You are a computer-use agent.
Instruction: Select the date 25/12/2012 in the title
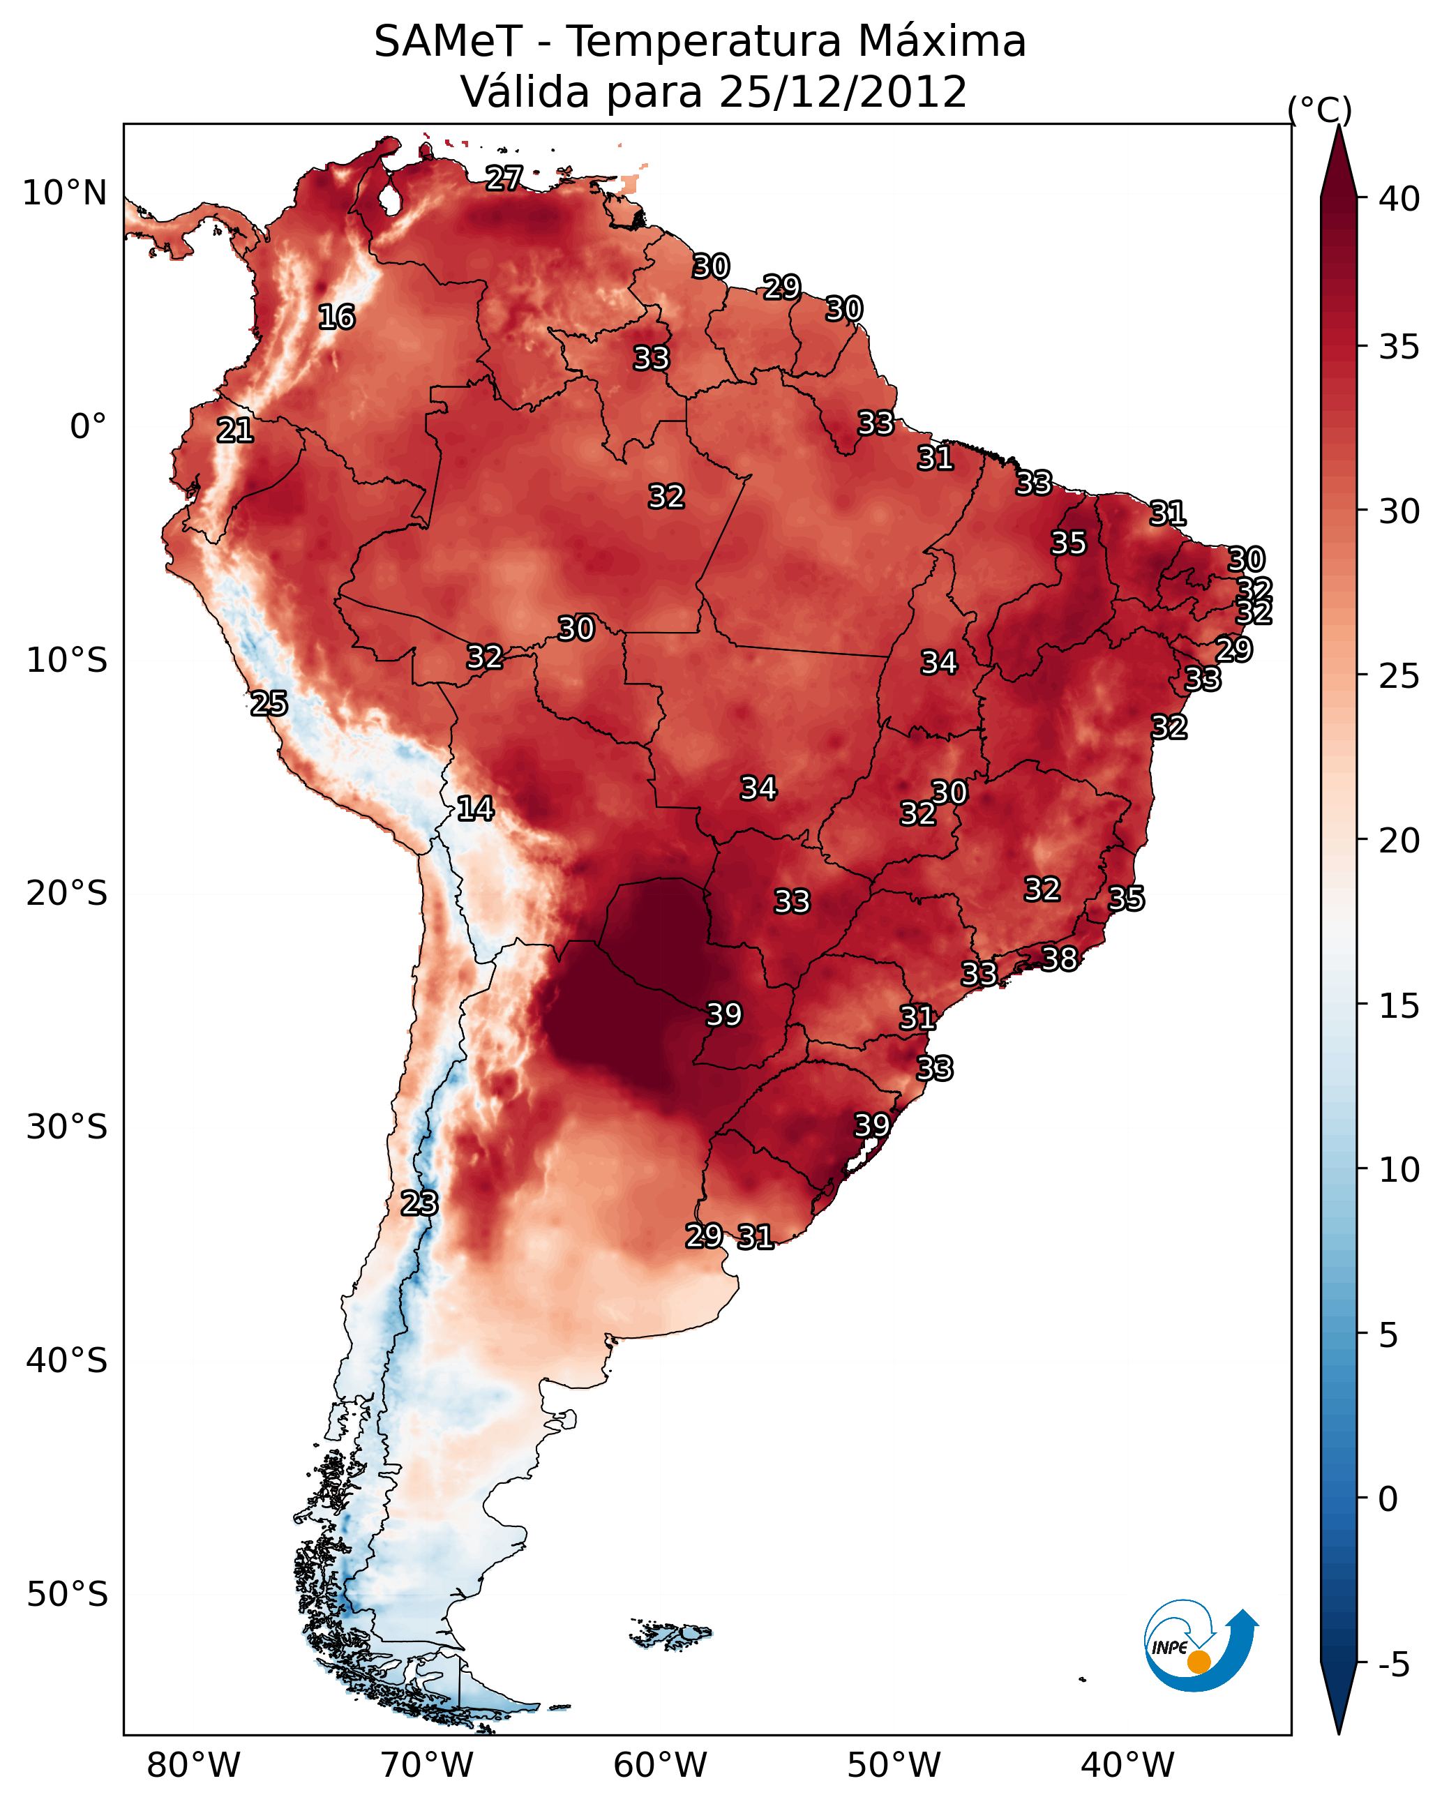coord(842,92)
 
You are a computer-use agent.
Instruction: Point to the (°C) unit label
coord(1320,110)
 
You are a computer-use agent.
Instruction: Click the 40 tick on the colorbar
coord(1399,199)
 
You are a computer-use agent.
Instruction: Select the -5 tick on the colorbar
coord(1393,1665)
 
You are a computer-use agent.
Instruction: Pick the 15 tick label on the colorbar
coord(1399,1006)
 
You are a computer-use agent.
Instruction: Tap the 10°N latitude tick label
coord(64,193)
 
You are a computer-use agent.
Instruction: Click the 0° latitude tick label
coord(88,427)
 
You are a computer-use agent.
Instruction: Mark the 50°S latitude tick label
coord(67,1595)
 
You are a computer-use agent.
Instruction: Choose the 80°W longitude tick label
coord(193,1766)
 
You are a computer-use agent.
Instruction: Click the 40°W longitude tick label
coord(1127,1766)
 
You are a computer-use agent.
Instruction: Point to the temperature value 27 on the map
coord(504,178)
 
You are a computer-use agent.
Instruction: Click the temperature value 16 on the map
coord(336,317)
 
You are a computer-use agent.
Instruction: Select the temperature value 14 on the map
coord(475,809)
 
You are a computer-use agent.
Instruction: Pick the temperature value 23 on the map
coord(419,1203)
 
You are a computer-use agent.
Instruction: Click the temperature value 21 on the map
coord(235,431)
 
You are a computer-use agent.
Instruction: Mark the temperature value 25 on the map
coord(269,704)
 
